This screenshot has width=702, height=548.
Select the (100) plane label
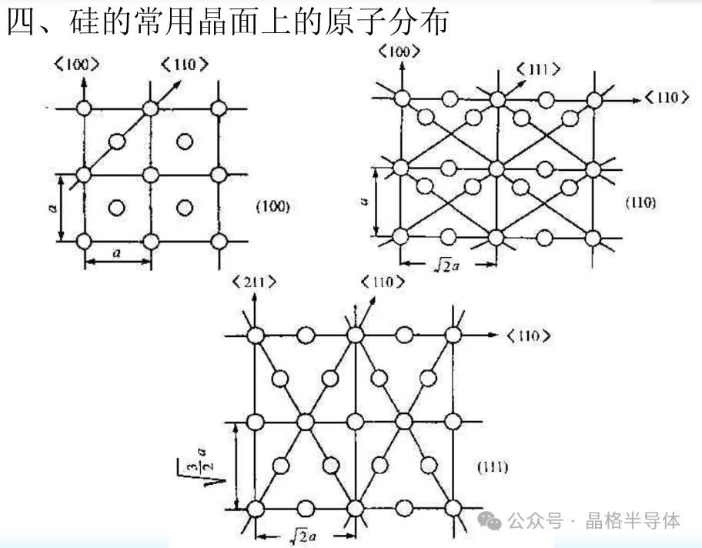272,206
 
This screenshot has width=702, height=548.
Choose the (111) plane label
491,467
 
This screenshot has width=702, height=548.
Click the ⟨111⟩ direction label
539,70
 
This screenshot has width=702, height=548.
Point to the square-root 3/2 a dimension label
192,466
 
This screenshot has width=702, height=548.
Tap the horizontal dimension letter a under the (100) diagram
118,252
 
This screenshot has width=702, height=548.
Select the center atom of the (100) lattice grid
151,174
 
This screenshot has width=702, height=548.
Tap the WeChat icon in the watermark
490,521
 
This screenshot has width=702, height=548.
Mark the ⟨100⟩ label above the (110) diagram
399,52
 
